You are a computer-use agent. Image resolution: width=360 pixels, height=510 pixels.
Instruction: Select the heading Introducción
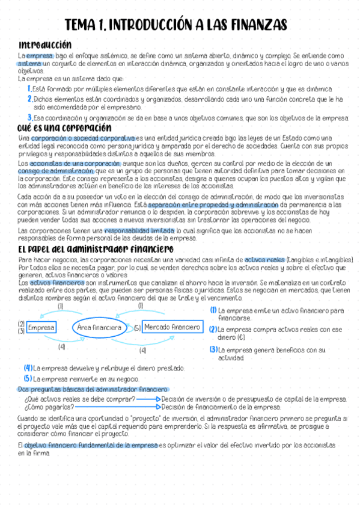pyautogui.click(x=45, y=45)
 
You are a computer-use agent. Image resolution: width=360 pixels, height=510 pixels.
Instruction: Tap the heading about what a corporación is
pyautogui.click(x=65, y=127)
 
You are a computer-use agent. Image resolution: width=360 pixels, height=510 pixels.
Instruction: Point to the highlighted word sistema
pyautogui.click(x=29, y=63)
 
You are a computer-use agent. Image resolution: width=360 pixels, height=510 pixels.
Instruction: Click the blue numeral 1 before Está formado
pyautogui.click(x=29, y=89)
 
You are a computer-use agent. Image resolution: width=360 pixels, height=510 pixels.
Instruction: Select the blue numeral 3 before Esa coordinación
pyautogui.click(x=29, y=118)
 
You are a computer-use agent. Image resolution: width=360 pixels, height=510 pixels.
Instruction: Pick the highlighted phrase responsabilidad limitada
pyautogui.click(x=139, y=230)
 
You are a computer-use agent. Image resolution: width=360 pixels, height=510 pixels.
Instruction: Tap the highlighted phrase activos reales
pyautogui.click(x=265, y=259)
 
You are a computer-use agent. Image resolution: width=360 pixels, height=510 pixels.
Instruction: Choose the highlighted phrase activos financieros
pyautogui.click(x=57, y=282)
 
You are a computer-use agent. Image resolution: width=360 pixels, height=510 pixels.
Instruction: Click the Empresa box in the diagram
pyautogui.click(x=41, y=328)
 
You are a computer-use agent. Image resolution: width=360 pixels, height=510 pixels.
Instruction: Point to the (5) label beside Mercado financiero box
pyautogui.click(x=137, y=328)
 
